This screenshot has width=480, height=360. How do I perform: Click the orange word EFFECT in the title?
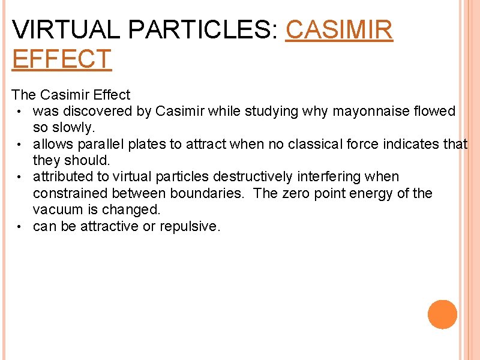(62, 59)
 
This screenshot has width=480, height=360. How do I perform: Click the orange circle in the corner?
(443, 314)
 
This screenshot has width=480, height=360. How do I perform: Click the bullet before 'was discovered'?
(20, 112)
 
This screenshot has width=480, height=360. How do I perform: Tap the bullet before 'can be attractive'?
(20, 227)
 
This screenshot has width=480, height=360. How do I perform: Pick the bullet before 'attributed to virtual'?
(20, 177)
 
